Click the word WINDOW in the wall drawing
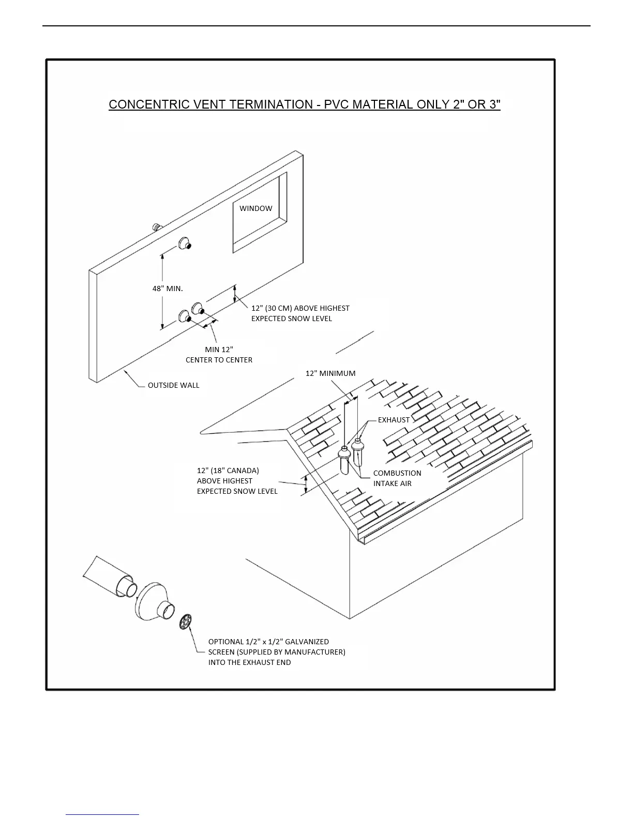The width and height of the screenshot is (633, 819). coord(255,208)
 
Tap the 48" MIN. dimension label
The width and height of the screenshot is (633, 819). coord(168,289)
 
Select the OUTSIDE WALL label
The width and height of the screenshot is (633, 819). coord(173,385)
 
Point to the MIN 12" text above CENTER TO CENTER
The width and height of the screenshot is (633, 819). coord(219,350)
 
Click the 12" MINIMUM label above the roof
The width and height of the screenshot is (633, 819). coord(330,373)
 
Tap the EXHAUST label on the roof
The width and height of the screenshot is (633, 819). coord(394,420)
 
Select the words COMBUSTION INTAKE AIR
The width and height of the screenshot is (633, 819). coord(397,478)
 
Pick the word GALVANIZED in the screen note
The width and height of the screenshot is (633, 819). coord(307,642)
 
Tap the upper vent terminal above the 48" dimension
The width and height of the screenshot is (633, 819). coord(185,243)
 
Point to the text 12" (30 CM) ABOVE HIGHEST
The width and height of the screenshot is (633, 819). coord(300,308)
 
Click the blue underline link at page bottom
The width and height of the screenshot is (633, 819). coord(102,814)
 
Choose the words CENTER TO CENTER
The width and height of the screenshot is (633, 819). coord(219,360)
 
